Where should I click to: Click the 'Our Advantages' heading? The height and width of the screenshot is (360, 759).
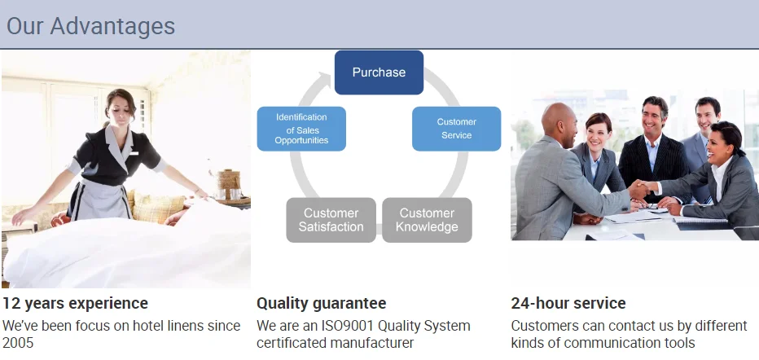click(90, 26)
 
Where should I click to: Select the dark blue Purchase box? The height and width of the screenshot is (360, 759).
click(379, 72)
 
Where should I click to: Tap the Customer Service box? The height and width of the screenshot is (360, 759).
click(457, 129)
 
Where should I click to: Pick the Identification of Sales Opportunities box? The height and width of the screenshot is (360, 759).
click(301, 129)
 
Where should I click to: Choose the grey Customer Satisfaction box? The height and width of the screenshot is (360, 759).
click(331, 220)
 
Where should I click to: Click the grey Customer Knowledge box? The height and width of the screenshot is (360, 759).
click(427, 220)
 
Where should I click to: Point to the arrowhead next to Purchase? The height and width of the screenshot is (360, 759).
click(324, 78)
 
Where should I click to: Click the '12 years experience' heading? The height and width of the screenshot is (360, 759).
click(75, 303)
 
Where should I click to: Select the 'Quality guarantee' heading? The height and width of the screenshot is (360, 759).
click(322, 303)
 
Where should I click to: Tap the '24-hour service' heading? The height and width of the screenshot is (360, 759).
click(568, 303)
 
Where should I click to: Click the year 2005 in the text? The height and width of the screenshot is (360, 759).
click(18, 343)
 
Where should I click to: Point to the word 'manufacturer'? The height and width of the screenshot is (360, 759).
click(373, 343)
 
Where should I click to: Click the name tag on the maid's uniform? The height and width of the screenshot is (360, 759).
click(134, 153)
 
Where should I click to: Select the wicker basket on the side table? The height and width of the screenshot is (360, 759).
click(229, 180)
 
